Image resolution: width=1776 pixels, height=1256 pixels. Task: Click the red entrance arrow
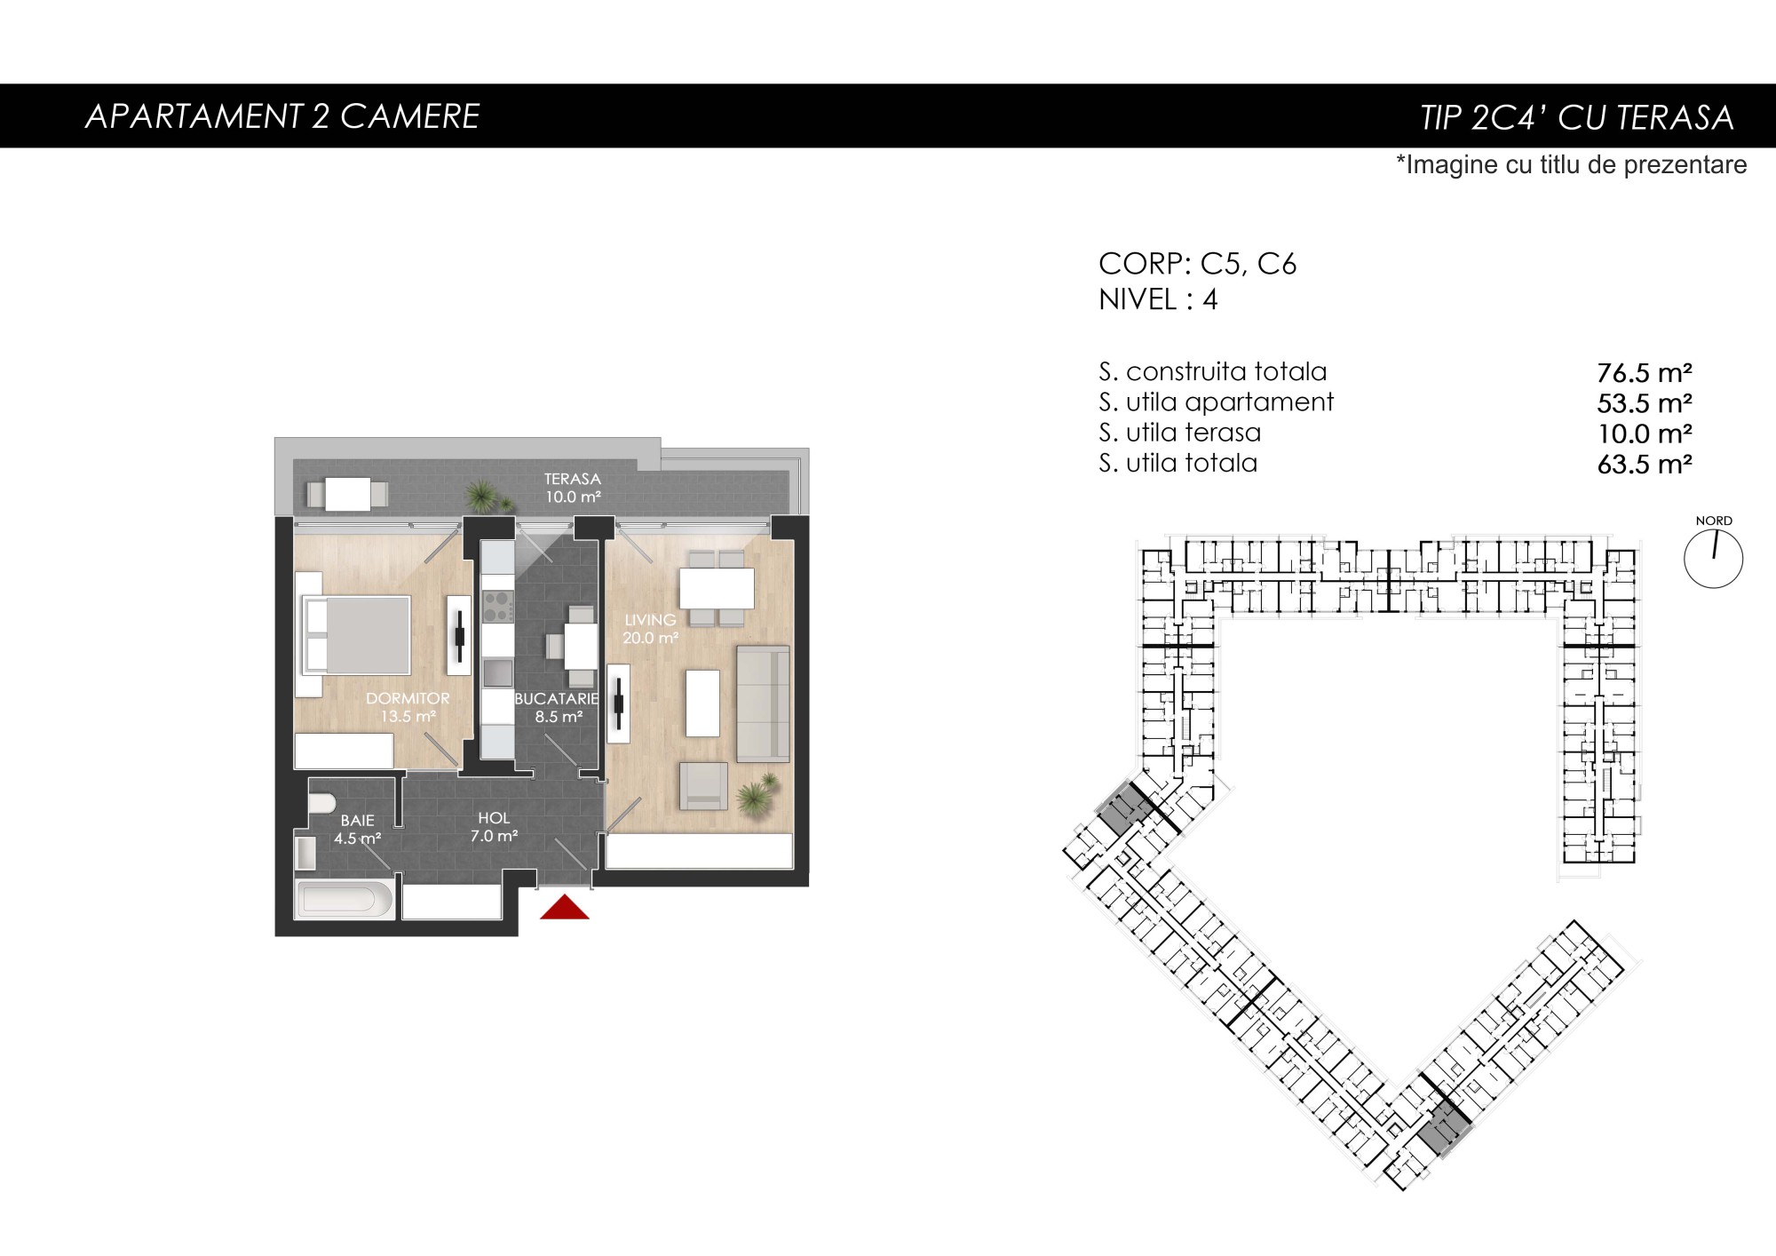point(565,907)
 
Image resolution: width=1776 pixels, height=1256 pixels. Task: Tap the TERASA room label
point(573,479)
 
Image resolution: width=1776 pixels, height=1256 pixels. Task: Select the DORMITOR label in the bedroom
point(408,698)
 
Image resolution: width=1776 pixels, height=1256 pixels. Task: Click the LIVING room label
point(650,620)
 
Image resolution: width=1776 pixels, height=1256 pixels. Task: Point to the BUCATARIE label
point(557,699)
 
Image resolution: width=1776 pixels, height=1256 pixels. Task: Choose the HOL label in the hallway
point(494,818)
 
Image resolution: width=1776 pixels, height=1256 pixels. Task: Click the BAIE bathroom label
point(358,821)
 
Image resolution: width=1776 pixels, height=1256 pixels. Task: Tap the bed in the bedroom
point(357,635)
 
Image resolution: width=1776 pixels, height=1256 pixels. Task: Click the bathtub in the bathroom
point(345,899)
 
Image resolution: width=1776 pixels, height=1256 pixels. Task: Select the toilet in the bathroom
point(321,801)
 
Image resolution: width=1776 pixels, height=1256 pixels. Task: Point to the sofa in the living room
point(763,704)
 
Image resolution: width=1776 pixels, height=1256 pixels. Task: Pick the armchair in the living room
point(703,786)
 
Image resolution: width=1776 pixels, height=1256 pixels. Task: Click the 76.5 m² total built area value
point(1645,372)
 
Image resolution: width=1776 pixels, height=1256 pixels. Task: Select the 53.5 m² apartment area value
point(1645,403)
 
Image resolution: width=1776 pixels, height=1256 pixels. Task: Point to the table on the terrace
point(348,494)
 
